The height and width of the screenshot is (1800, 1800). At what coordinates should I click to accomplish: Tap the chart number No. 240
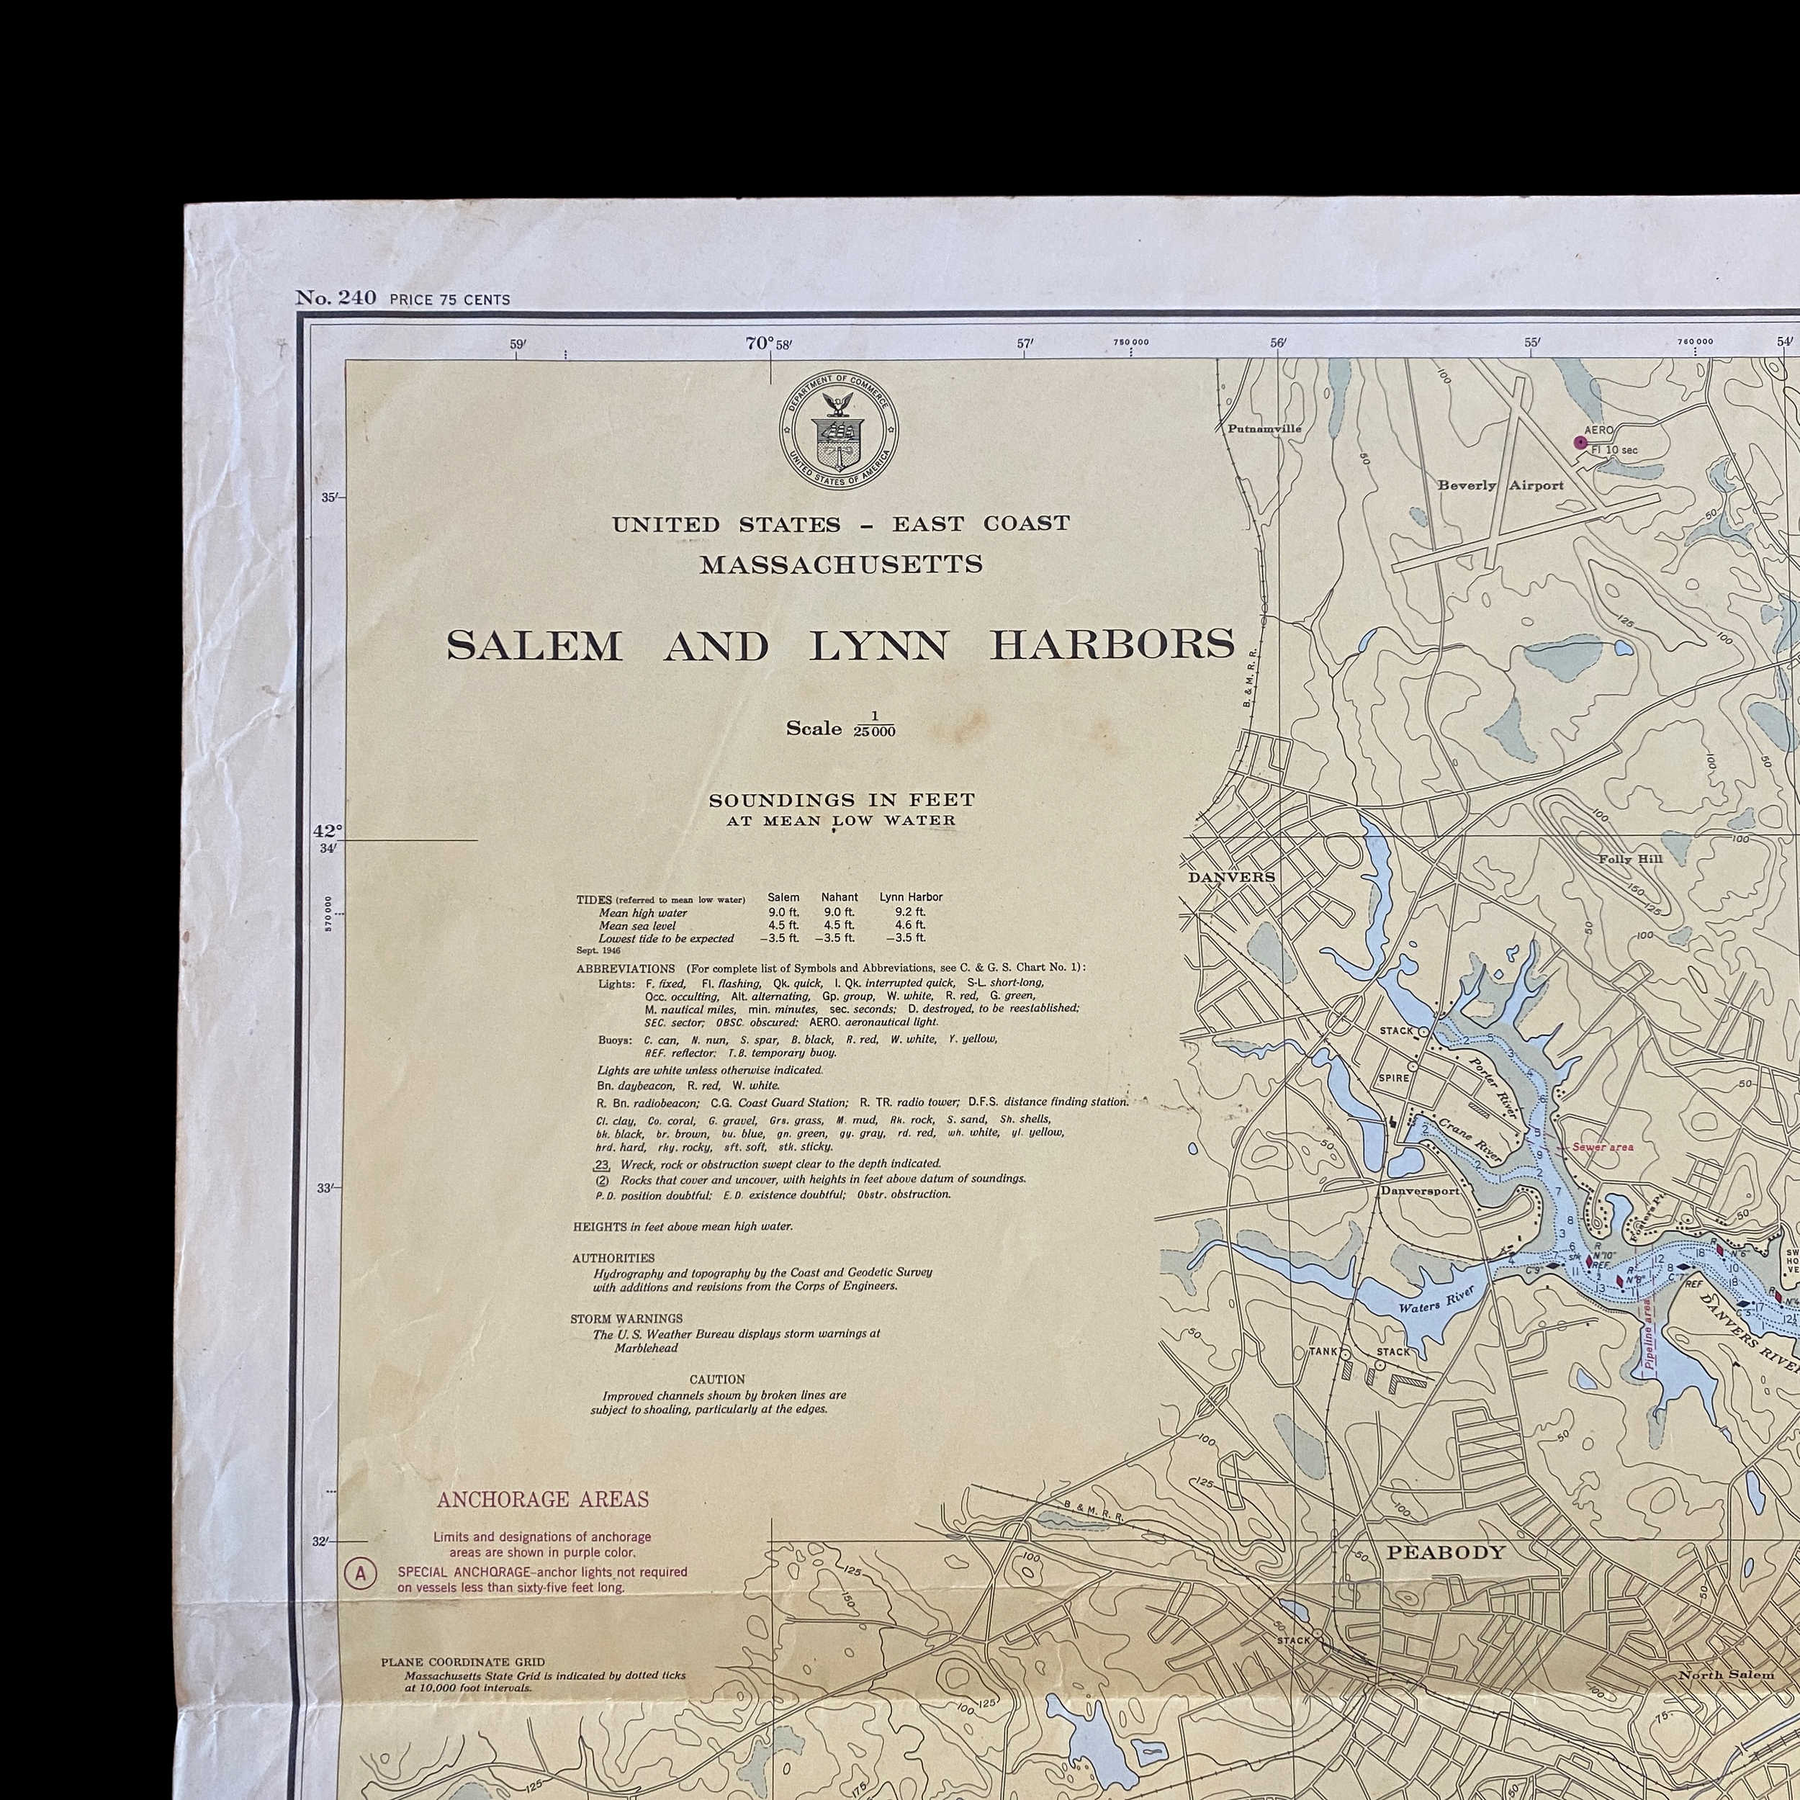click(x=336, y=298)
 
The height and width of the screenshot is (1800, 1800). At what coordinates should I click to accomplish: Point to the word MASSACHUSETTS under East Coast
click(x=840, y=565)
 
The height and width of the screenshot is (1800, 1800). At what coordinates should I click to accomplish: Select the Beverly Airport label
click(x=1500, y=485)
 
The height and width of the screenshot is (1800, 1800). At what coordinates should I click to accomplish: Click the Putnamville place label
click(x=1264, y=428)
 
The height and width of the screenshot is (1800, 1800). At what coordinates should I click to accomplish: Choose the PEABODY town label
click(x=1445, y=1552)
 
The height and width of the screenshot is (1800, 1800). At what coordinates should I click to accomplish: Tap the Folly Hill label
click(x=1629, y=859)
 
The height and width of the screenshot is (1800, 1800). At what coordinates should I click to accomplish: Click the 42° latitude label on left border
click(x=327, y=830)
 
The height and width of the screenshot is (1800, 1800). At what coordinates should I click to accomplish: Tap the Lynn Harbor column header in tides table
click(x=910, y=897)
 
